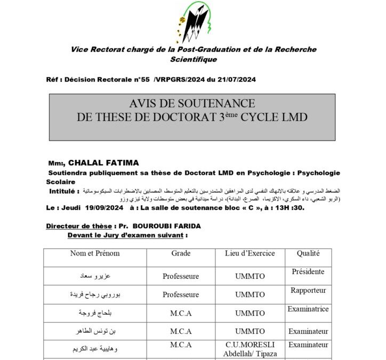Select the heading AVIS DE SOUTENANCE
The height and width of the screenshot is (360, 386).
[x=192, y=103]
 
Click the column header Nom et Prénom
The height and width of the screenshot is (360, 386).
[x=95, y=253]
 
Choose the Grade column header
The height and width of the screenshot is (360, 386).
[x=181, y=253]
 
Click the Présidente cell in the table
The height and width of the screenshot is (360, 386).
[x=308, y=272]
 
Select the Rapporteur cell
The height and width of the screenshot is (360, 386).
[x=308, y=291]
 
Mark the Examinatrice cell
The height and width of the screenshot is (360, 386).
[x=308, y=309]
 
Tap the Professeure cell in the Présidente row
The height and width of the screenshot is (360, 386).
[x=181, y=276]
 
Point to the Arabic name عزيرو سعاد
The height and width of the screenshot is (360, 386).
[x=95, y=276]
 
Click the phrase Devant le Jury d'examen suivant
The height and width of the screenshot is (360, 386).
[x=127, y=235]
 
